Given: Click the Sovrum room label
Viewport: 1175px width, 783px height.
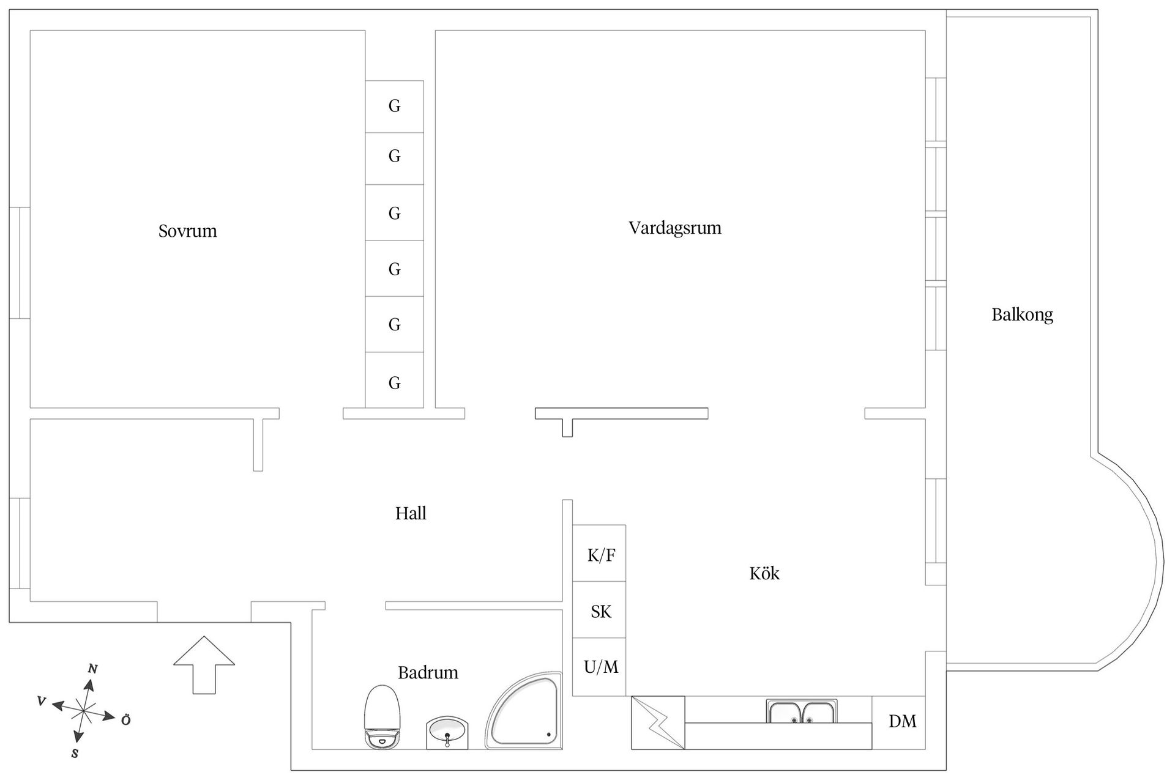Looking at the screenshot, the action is [x=187, y=231].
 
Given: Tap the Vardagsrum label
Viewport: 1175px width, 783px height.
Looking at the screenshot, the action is [x=675, y=228].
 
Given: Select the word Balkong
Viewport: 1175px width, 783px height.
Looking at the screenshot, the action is [x=1022, y=315].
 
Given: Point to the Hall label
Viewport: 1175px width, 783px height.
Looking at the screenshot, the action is [x=411, y=513].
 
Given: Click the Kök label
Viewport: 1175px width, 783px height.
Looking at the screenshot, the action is [x=764, y=573].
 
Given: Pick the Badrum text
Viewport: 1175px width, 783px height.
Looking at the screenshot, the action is [x=428, y=673].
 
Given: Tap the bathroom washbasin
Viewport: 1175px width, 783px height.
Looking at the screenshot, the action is [x=447, y=732].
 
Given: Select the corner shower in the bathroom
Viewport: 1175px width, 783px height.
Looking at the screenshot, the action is [x=524, y=711].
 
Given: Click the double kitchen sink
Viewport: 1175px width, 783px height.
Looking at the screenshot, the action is [x=802, y=711].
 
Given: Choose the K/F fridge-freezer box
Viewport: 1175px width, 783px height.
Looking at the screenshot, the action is [x=599, y=553].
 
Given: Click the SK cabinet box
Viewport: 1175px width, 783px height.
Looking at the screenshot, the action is [x=599, y=610].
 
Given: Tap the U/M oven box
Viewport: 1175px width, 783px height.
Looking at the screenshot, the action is [x=599, y=667].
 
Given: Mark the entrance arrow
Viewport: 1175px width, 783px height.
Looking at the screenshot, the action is [x=204, y=665].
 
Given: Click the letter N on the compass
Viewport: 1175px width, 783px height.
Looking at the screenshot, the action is [x=93, y=669].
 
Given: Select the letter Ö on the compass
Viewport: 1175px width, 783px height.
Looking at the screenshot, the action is [x=125, y=720].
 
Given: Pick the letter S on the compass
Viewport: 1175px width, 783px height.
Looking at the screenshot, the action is [x=75, y=754].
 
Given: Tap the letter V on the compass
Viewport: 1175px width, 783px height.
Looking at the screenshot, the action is [x=42, y=701].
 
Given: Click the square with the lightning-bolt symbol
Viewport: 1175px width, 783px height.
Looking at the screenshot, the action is [x=658, y=722].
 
